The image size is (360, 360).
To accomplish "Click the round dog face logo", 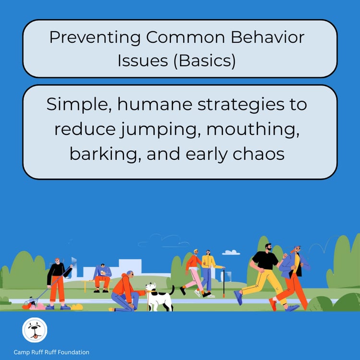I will click(x=35, y=331).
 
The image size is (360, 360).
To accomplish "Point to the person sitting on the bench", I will click(x=102, y=277).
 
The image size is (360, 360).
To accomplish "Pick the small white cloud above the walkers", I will click(x=231, y=252).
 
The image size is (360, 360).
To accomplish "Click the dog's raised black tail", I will click(x=172, y=290).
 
